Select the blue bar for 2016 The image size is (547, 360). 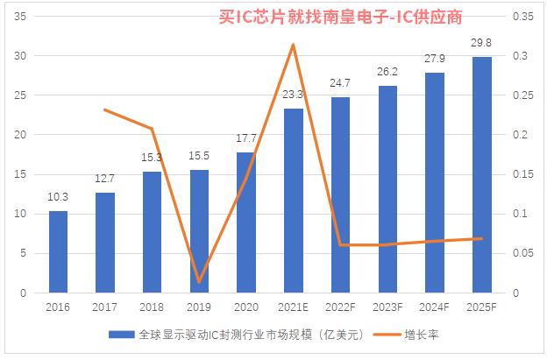click(58, 251)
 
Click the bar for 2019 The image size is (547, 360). click(199, 231)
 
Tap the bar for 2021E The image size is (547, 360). click(293, 201)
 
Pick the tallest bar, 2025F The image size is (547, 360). click(481, 174)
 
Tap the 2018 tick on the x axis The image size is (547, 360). click(152, 307)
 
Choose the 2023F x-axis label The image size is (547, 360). click(387, 307)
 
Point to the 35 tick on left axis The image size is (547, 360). click(19, 17)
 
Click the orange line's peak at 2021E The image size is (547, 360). click(293, 45)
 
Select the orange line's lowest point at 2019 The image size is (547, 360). click(199, 282)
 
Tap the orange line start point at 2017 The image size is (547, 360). click(104, 109)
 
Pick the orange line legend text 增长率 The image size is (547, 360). click(422, 335)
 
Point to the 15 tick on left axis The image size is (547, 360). click(19, 174)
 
